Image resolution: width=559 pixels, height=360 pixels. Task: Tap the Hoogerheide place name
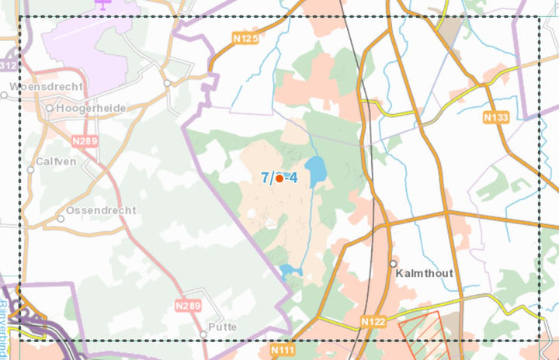coord(91,108)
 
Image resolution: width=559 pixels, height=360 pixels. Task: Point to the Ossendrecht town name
coord(102,210)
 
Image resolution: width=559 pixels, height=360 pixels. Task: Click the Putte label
coord(223,327)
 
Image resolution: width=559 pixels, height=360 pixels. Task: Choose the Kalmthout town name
coord(424,273)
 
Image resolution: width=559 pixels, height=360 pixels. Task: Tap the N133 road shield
coord(495,117)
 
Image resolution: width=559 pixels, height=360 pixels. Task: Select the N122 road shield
coord(373,320)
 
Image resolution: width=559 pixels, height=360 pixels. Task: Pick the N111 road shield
coord(283,351)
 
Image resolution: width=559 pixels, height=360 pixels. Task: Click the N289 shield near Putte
coord(187,306)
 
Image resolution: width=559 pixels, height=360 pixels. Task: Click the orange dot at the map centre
coord(279,178)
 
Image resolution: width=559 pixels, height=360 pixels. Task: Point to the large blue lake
coord(315,171)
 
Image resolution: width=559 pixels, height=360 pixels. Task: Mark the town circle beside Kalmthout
coord(394,264)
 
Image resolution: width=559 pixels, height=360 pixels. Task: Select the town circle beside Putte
coord(203,334)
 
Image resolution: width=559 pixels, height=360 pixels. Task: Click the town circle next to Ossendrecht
coord(61,219)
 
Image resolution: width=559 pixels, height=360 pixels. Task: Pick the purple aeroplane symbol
coord(102,3)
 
